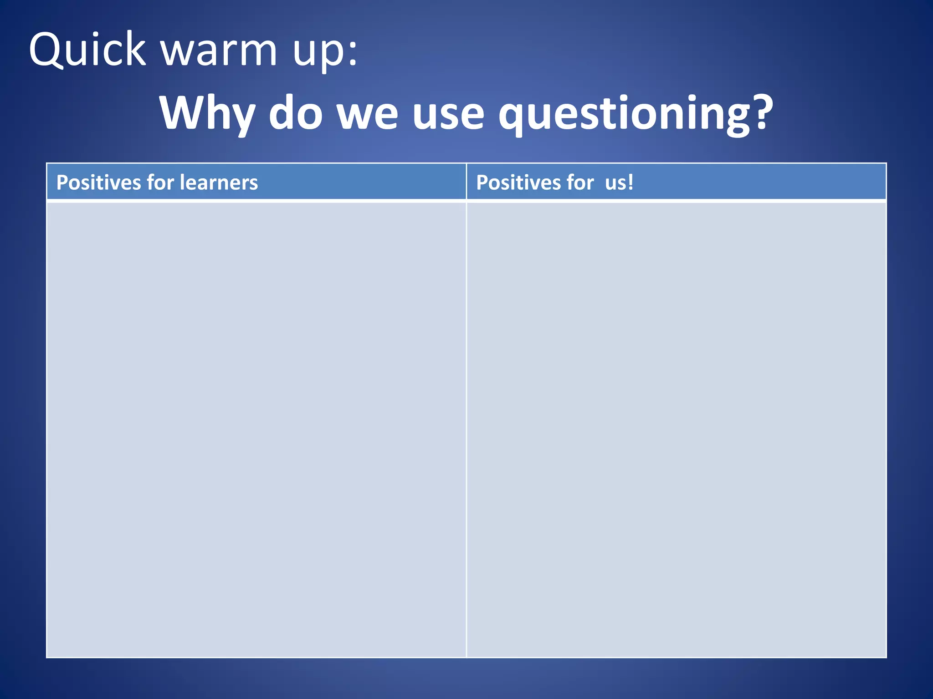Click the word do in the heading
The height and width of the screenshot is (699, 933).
tap(296, 113)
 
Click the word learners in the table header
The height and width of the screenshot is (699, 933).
tap(219, 182)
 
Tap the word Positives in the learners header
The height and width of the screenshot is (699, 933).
tap(98, 182)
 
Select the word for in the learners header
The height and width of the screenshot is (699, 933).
tap(160, 182)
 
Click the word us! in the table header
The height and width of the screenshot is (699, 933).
tap(619, 182)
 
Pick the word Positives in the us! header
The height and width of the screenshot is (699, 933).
tap(518, 182)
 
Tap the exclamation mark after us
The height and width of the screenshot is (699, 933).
tap(630, 182)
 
